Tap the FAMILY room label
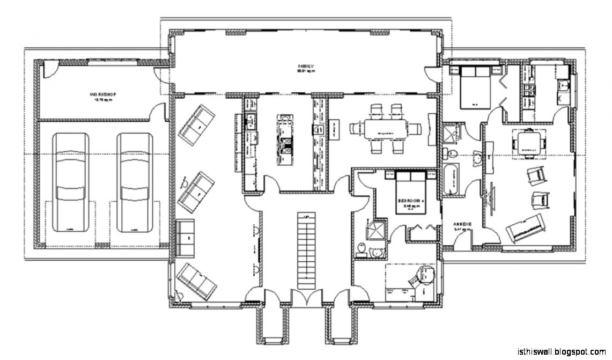(x=306, y=67)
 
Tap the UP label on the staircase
(x=306, y=217)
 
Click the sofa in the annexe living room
(x=523, y=228)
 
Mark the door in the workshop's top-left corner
(x=48, y=68)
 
